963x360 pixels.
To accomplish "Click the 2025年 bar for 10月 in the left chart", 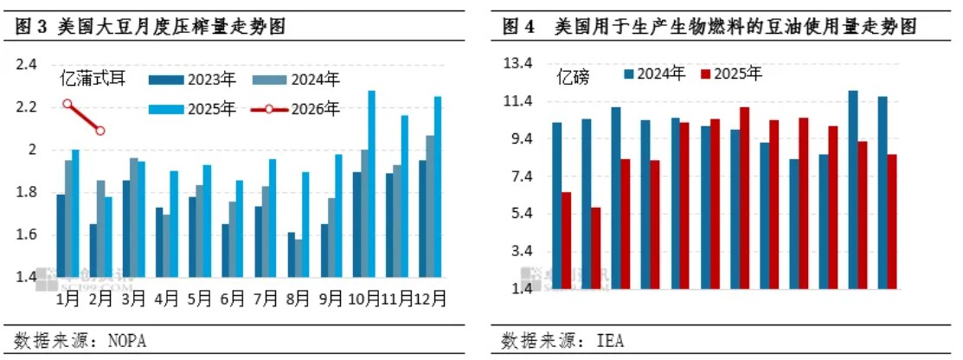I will (371, 183).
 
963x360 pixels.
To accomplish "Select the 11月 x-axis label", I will (397, 299).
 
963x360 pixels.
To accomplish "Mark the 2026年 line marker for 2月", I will (100, 131).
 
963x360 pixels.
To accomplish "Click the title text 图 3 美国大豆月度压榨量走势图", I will (151, 28).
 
